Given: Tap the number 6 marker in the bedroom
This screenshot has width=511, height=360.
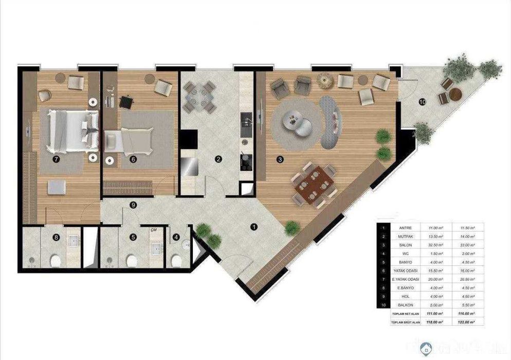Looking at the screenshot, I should coord(133,159).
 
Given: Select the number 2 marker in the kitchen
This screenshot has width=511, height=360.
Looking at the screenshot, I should coord(218,159).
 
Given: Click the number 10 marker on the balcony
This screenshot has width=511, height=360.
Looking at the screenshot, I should coord(422,102).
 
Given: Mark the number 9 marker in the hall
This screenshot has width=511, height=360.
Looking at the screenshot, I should coord(133,205).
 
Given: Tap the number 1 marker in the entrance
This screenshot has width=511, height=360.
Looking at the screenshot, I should coord(252,226).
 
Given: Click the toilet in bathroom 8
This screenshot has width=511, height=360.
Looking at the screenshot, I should coord(54,261).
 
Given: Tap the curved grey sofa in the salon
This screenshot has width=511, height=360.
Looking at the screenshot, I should coord(331,121).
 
